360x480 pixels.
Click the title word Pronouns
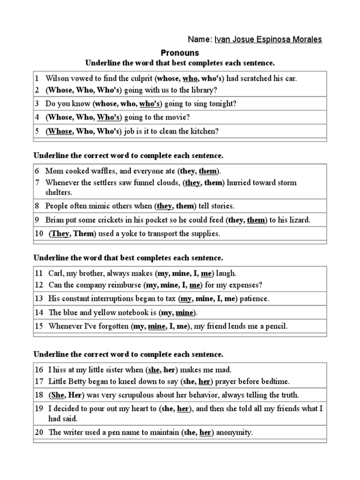[x=180, y=52]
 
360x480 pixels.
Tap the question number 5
[x=37, y=131]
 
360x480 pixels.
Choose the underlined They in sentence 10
[x=60, y=233]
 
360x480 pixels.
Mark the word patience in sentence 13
[x=254, y=299]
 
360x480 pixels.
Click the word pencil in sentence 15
[x=276, y=326]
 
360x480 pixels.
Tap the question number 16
[x=38, y=370]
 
